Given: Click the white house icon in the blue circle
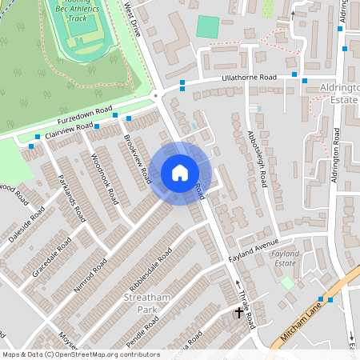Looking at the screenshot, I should [180, 173].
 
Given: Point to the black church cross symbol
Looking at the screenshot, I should [238, 313].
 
